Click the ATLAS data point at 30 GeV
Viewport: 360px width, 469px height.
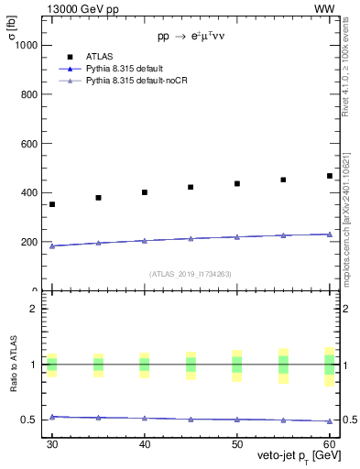click(x=52, y=204)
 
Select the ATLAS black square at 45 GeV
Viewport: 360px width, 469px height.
click(x=191, y=187)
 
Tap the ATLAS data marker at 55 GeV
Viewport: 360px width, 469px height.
click(x=283, y=180)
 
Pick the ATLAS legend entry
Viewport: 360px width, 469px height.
click(x=99, y=56)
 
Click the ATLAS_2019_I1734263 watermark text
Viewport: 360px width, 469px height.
click(x=191, y=274)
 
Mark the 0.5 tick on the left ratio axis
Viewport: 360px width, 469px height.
click(x=33, y=420)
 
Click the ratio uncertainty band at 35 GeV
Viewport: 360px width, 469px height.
click(x=98, y=365)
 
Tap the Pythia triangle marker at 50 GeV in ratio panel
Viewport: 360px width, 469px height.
click(x=236, y=419)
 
